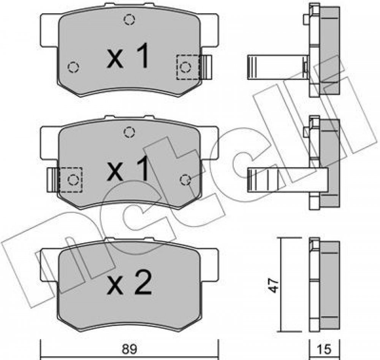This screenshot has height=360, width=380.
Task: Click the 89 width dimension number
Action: [130, 349]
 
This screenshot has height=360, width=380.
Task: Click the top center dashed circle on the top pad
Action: [130, 20]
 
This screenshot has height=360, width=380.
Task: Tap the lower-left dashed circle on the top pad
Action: [73, 67]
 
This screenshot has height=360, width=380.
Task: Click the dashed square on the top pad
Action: [188, 67]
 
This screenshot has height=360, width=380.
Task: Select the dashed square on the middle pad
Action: [71, 180]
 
